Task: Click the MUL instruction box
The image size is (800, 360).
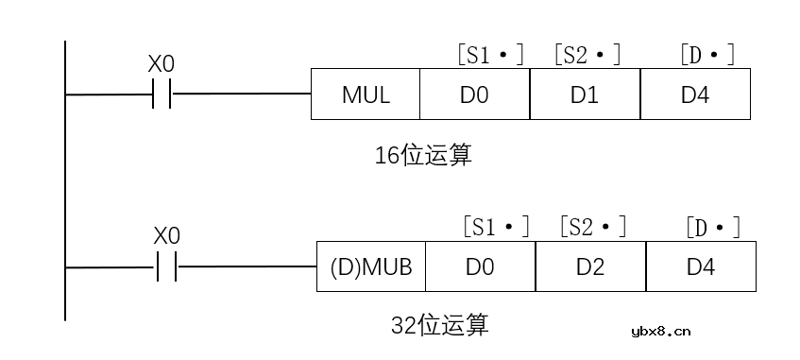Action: tap(366, 94)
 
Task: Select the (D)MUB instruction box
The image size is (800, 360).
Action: tap(371, 266)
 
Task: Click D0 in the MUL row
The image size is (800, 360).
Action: tap(474, 94)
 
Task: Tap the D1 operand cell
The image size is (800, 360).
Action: tap(585, 94)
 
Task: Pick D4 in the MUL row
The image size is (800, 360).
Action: tap(695, 94)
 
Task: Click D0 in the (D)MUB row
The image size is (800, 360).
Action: tap(480, 266)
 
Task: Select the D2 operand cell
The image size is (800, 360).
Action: tap(590, 266)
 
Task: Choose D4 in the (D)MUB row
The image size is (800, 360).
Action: tap(701, 266)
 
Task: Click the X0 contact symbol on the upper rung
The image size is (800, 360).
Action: tap(162, 94)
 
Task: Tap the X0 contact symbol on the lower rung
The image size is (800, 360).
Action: tap(167, 266)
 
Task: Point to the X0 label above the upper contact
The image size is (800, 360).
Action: tap(162, 64)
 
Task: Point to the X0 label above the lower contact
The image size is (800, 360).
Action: tap(167, 235)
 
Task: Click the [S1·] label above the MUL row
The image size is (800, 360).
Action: tap(490, 55)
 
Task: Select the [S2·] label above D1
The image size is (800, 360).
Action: tap(587, 55)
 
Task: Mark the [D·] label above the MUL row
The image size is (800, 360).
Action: tap(706, 55)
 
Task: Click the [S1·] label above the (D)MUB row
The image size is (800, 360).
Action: tap(496, 227)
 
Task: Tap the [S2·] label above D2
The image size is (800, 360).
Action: tap(593, 227)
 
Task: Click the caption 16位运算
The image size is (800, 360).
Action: tap(423, 156)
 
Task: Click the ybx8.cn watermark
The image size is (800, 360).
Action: tap(660, 331)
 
